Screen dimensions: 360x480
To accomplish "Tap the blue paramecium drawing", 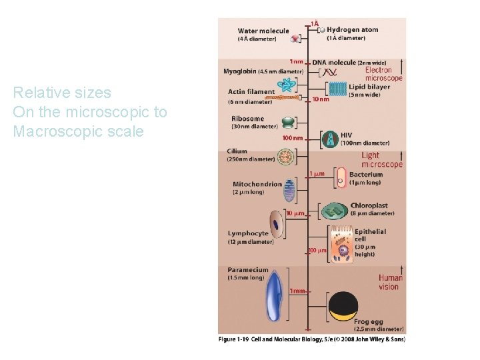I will coord(274,298).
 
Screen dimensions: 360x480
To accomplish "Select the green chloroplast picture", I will coord(334,211).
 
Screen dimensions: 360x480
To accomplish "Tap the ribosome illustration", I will coord(287,123).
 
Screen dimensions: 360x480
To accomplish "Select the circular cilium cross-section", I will coord(287,157).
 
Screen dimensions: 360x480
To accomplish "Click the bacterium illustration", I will coord(341,177).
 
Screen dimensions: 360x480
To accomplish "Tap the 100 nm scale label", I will coord(293,138).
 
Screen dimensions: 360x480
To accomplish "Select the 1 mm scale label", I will coord(297,291).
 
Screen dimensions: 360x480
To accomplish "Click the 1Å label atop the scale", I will coord(314,23).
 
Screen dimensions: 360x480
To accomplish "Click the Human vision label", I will coord(390,283).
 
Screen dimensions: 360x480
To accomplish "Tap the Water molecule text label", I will coord(263,31).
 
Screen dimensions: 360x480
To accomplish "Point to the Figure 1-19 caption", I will coord(311,339).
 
